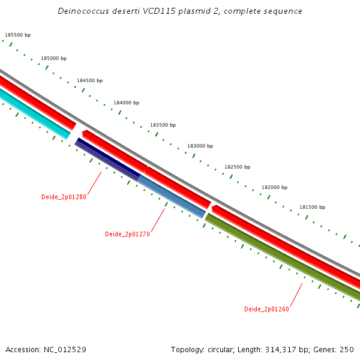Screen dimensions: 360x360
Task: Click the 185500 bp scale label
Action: pyautogui.click(x=17, y=35)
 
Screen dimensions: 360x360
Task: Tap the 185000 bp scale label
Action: pyautogui.click(x=53, y=58)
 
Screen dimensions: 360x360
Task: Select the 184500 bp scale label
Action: pyautogui.click(x=89, y=80)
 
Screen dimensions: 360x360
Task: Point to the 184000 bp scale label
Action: pyautogui.click(x=126, y=103)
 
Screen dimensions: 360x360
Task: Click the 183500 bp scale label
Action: pyautogui.click(x=163, y=125)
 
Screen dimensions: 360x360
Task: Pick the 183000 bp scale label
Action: pyautogui.click(x=200, y=146)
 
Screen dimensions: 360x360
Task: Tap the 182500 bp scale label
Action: pyautogui.click(x=237, y=167)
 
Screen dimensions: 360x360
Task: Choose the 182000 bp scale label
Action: pyautogui.click(x=274, y=187)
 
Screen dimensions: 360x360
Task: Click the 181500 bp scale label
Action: pyautogui.click(x=312, y=207)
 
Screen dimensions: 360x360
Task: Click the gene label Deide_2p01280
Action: pyautogui.click(x=64, y=197)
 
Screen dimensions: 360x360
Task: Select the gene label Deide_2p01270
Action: pyautogui.click(x=127, y=234)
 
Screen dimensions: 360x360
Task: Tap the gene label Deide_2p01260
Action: pyautogui.click(x=266, y=309)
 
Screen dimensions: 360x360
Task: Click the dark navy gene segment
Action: pyautogui.click(x=107, y=158)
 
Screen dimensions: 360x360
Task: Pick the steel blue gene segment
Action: pyautogui.click(x=172, y=196)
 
